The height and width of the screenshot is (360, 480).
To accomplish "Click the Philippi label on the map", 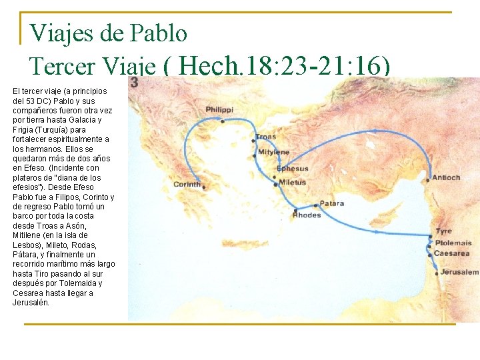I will click(x=219, y=110).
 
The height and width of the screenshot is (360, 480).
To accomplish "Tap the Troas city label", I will click(x=265, y=137).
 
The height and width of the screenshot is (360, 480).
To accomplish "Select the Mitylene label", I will click(x=273, y=153).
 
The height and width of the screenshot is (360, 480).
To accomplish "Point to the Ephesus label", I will click(x=293, y=168).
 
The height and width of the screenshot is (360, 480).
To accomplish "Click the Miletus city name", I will click(x=293, y=182).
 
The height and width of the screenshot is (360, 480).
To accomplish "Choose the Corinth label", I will click(x=186, y=184).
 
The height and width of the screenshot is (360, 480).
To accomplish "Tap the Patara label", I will click(x=332, y=203).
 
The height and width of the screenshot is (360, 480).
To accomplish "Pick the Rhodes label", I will click(x=307, y=215).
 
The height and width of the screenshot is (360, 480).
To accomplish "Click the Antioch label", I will click(x=446, y=178).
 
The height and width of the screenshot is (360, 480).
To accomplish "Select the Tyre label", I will click(x=443, y=231).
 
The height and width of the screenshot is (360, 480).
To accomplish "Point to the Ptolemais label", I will click(x=453, y=243).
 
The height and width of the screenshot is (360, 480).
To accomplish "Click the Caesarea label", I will click(x=451, y=253).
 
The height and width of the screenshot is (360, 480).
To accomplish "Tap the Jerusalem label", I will click(x=459, y=272).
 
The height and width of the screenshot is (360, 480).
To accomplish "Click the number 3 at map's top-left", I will click(x=135, y=82).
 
